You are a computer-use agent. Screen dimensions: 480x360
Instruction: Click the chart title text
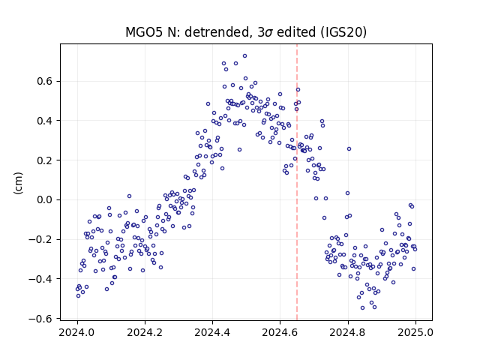[x=246, y=32]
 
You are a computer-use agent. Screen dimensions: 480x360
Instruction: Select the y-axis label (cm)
[x=18, y=183]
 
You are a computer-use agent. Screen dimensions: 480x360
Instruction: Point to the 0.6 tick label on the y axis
[x=45, y=82]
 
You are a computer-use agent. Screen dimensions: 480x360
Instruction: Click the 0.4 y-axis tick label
[x=45, y=121]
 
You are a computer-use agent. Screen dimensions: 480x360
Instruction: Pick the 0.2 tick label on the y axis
[x=45, y=160]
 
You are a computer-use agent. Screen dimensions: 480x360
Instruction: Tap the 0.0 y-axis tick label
[x=45, y=200]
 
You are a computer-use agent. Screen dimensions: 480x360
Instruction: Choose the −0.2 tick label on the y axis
[x=41, y=239]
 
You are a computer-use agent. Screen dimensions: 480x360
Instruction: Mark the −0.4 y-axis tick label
[x=41, y=279]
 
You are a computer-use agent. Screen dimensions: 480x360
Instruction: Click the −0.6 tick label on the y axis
[x=41, y=319]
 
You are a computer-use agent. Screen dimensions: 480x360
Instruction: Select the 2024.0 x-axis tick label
[x=77, y=332]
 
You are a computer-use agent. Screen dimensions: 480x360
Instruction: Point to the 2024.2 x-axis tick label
[x=145, y=332]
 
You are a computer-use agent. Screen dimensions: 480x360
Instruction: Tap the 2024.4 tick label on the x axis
[x=212, y=332]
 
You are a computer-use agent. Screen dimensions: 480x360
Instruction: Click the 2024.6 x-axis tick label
[x=280, y=332]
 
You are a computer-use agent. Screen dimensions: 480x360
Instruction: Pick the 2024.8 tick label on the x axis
[x=348, y=332]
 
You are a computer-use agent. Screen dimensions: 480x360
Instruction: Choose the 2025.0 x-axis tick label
[x=415, y=332]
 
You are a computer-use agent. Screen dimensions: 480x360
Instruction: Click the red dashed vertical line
[x=297, y=182]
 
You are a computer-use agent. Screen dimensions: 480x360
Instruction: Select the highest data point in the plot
[x=245, y=56]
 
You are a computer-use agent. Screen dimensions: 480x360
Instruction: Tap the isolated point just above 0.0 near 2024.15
[x=129, y=196]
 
